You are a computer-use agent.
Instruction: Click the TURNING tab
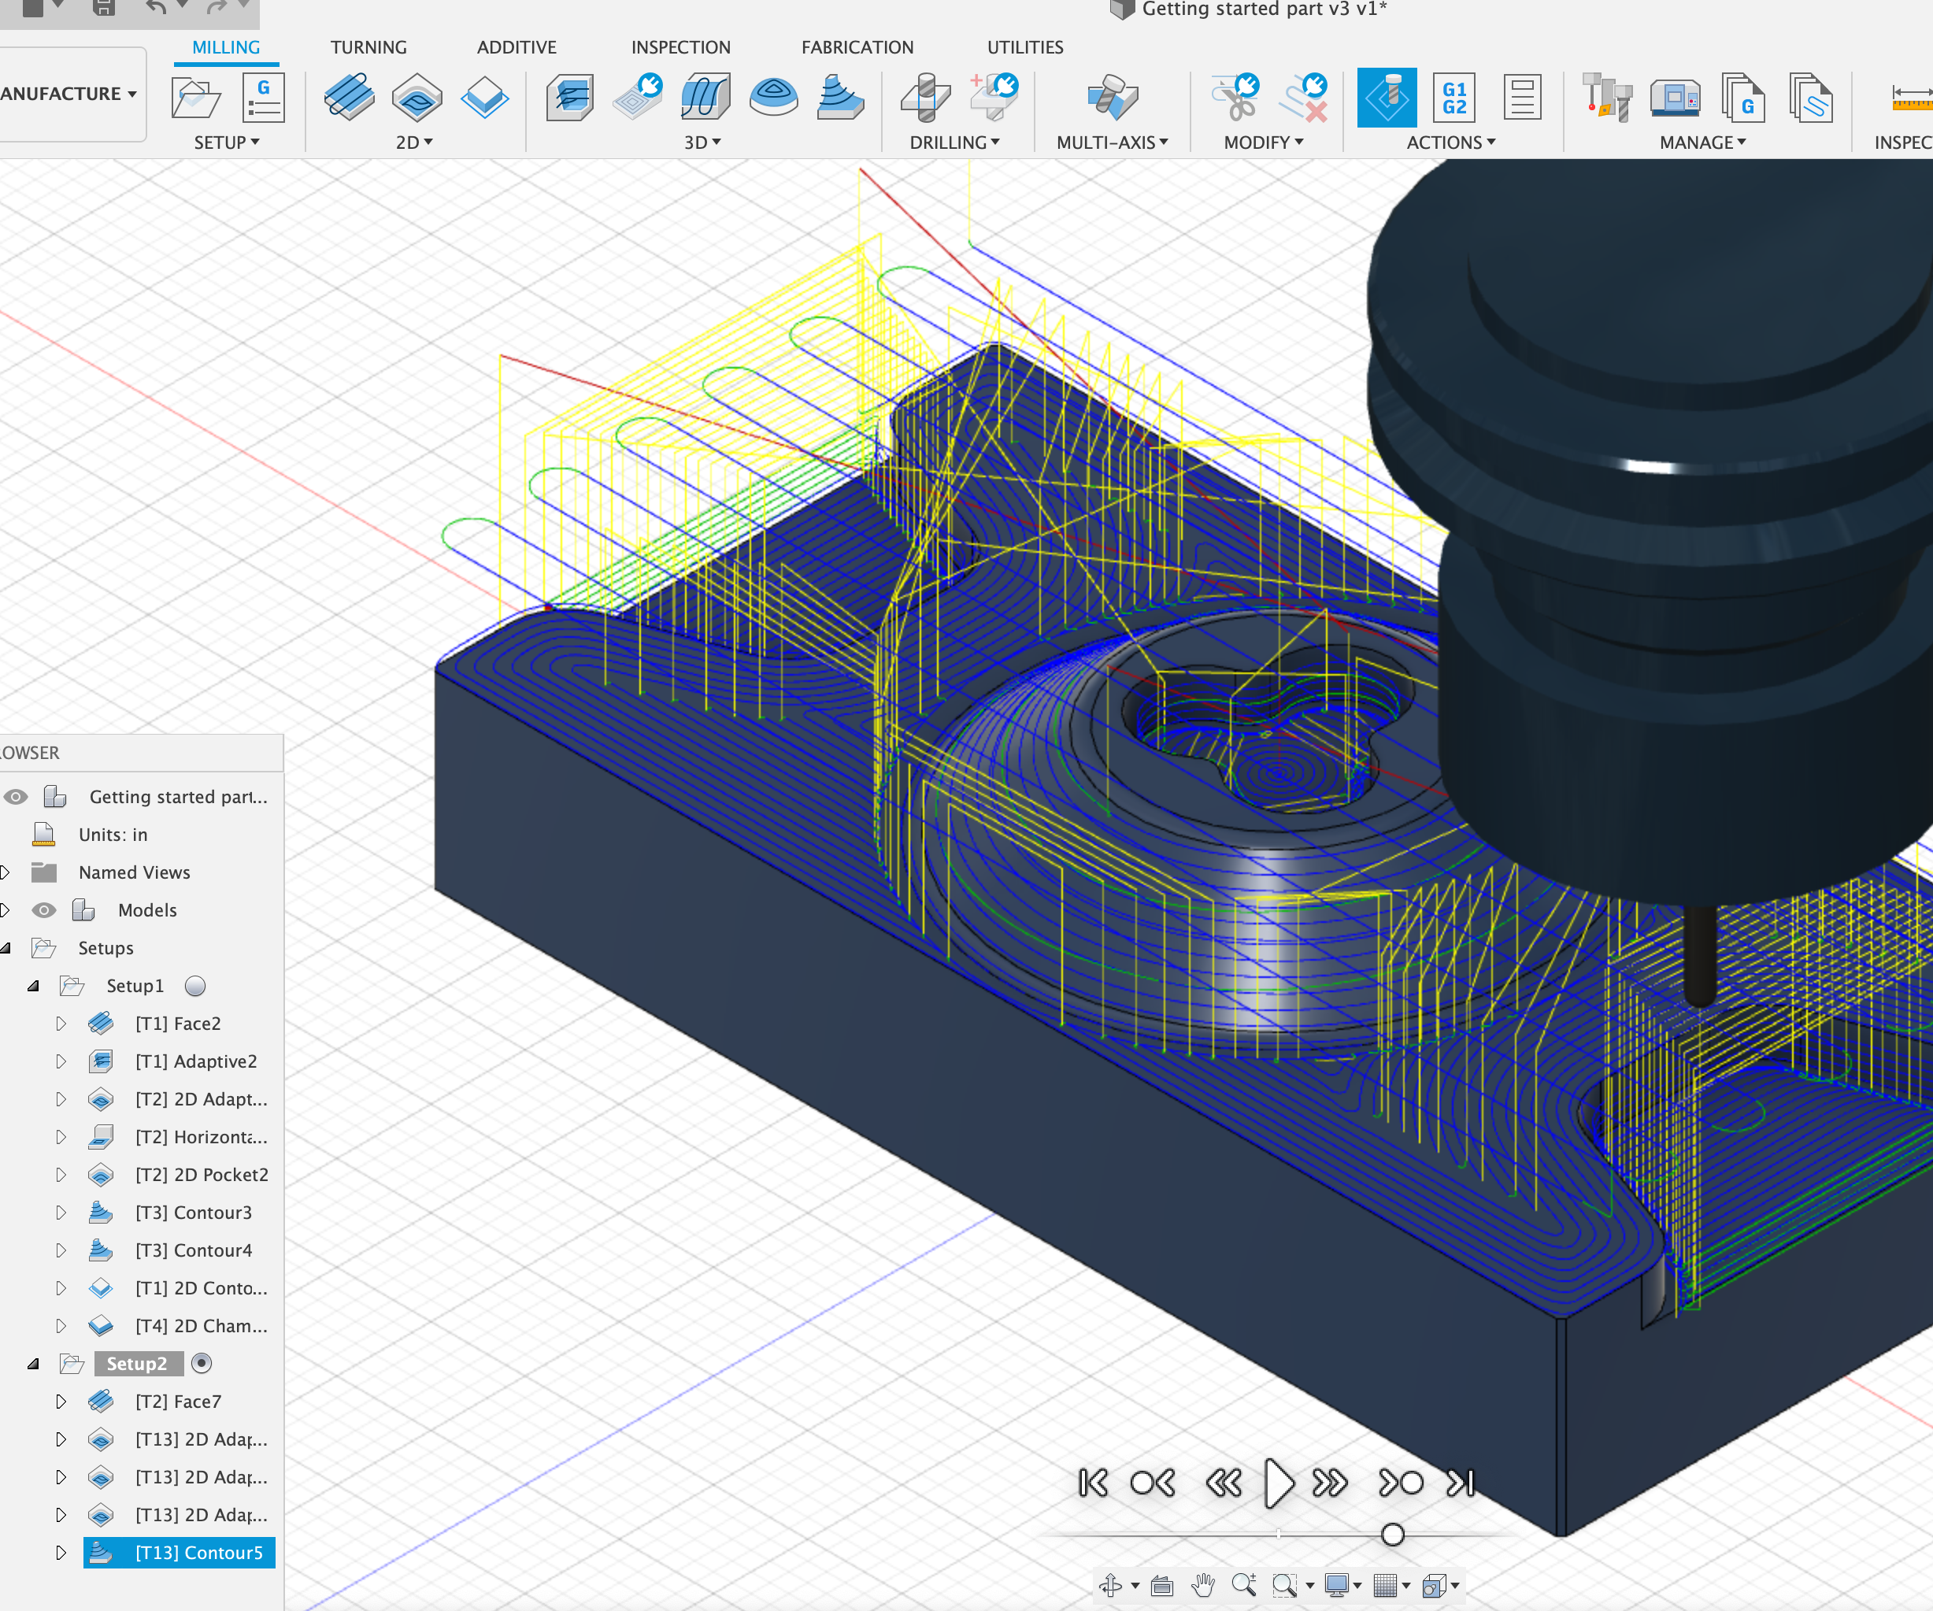368,47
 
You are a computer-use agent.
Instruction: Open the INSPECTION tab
680,47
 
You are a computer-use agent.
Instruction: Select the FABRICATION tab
857,47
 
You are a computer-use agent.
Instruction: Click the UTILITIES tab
1024,47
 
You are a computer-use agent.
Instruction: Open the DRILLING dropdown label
954,143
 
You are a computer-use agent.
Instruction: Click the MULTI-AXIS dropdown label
1111,143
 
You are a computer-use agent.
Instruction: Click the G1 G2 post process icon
1453,98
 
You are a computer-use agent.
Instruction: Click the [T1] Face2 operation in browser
178,1024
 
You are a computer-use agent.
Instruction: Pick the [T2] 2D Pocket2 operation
202,1175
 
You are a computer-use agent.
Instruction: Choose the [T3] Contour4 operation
194,1250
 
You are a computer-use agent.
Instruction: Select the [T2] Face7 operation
178,1401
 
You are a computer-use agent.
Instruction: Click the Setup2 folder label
136,1364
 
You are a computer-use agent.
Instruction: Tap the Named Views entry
135,872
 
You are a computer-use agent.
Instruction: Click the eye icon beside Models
43,910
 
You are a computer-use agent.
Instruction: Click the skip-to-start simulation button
1094,1483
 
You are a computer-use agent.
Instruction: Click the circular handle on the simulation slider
1393,1535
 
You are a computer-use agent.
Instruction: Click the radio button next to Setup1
195,986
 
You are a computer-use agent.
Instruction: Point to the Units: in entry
113,835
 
